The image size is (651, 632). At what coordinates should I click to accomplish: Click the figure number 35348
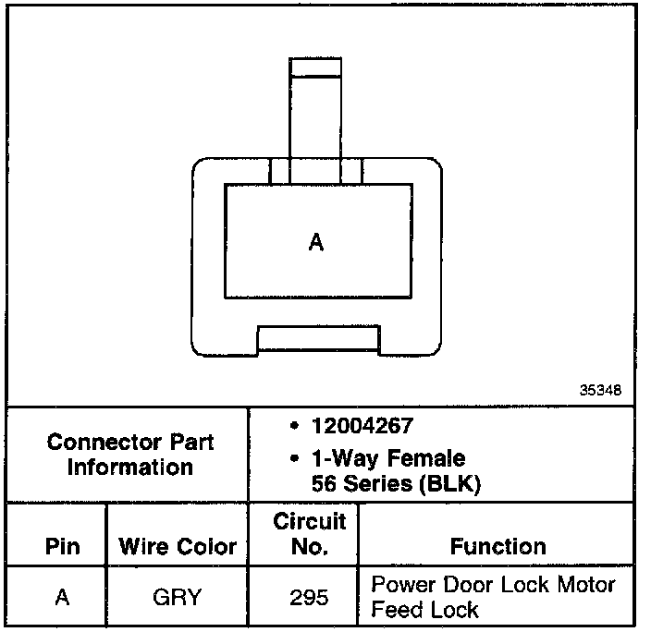coord(601,391)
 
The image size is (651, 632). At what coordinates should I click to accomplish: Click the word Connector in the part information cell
coord(95,442)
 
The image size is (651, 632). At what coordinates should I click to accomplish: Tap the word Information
coord(129,467)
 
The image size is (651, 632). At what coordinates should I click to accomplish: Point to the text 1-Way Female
coord(389,458)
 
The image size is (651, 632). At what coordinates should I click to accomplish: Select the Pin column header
coord(61,547)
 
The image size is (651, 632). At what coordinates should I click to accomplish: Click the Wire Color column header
coord(178,547)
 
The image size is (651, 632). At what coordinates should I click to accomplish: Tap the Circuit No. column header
coord(309,534)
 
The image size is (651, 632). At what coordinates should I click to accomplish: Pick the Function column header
coord(497,546)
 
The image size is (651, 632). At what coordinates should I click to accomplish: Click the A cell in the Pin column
coord(62,597)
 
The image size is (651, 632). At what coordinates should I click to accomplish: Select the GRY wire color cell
coord(177,597)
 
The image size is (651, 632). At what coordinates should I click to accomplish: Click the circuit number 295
coord(309,597)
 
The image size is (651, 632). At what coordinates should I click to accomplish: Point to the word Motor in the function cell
coord(583,585)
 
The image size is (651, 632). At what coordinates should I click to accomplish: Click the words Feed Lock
coord(424,609)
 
